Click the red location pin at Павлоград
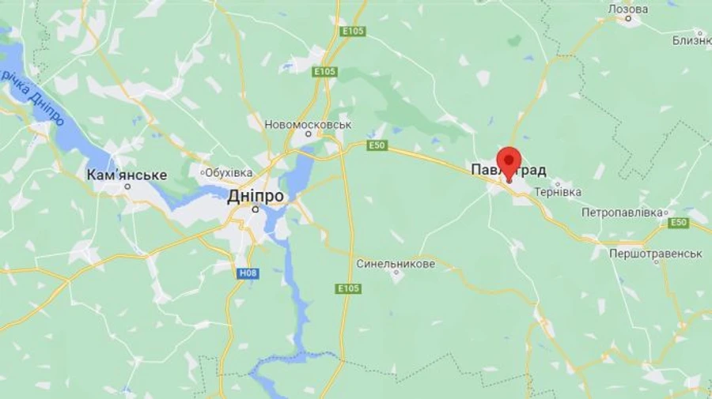click(509, 163)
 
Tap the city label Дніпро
click(255, 197)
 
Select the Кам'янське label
click(127, 175)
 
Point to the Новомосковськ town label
click(309, 125)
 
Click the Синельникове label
click(396, 263)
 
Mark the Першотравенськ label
click(656, 254)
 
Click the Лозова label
click(627, 9)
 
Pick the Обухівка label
click(229, 172)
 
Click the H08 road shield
click(248, 273)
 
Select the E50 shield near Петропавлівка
click(678, 224)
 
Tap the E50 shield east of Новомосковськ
click(377, 145)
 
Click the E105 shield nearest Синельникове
click(348, 288)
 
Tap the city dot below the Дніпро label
click(255, 210)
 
